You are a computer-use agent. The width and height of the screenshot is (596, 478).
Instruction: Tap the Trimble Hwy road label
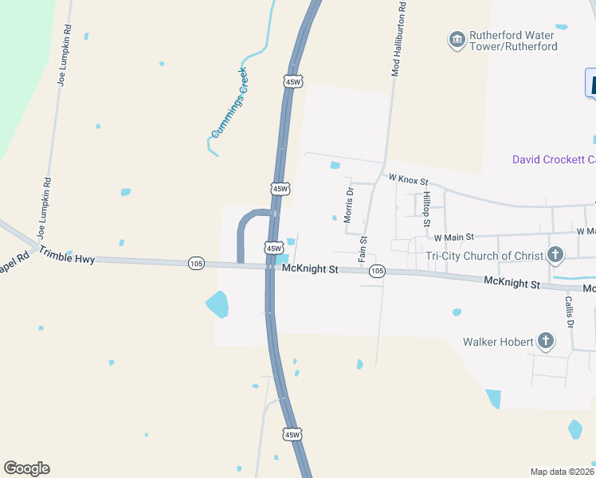coord(66,257)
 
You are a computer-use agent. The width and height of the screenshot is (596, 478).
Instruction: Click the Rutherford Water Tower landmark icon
coord(457,41)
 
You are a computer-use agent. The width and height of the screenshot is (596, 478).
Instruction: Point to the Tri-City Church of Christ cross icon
coord(555,256)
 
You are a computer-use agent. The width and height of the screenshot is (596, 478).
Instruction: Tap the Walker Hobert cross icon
coord(545,342)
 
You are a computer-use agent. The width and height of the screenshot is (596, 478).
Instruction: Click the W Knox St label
coord(408,181)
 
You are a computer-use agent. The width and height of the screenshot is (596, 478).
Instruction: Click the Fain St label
coord(363,249)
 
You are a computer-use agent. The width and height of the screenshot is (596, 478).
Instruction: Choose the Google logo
coord(26,468)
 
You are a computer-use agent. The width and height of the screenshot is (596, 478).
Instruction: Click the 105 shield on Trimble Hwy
coord(196,263)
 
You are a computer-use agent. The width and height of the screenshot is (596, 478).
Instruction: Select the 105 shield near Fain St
coord(377,272)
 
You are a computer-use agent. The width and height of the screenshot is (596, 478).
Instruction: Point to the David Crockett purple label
coord(553,160)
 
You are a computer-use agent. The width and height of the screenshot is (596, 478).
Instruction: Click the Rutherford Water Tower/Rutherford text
coord(512,41)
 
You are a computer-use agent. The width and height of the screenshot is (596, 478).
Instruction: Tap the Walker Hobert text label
coord(498,342)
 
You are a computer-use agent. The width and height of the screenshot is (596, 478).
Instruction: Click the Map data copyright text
coord(563,472)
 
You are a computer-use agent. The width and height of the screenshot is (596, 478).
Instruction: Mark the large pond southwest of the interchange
coord(217,304)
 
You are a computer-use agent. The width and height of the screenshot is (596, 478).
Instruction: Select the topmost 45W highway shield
coord(292,82)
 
